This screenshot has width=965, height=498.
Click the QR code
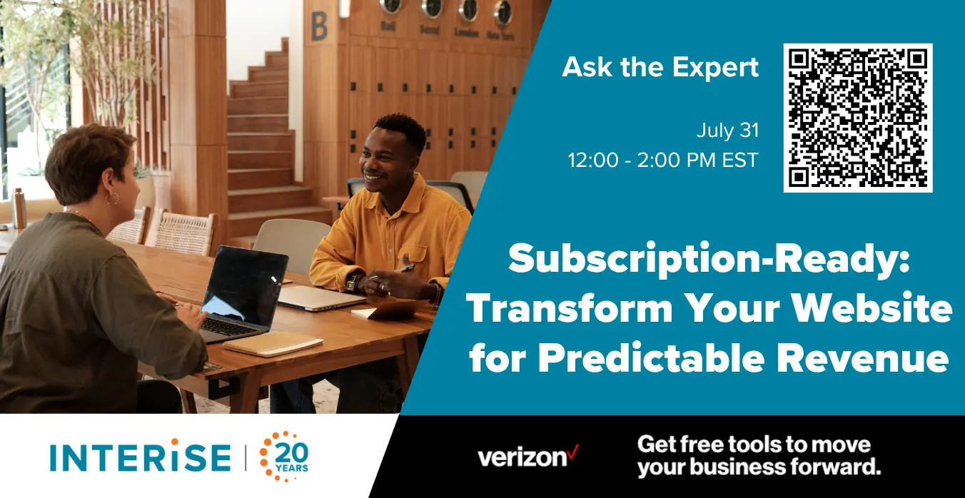858,118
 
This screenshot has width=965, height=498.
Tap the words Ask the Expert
660,68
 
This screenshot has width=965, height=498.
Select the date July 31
727,131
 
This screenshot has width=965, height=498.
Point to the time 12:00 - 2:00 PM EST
663,161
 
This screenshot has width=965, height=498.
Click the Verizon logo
527,456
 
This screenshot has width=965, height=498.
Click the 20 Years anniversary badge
284,456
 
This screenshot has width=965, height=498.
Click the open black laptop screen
244,287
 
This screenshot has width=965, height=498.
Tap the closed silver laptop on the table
321,298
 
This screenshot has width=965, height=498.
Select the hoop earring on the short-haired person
111,198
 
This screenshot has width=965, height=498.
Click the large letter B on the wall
319,26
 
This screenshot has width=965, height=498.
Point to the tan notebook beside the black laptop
273,343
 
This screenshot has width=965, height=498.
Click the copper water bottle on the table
19,208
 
